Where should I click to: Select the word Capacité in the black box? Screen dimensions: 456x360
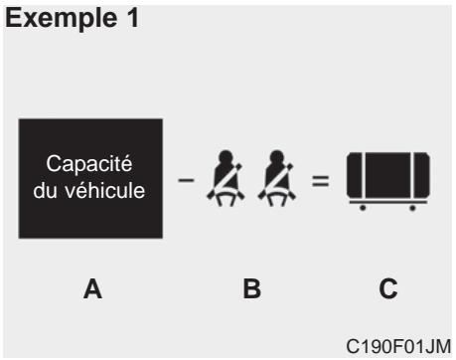point(90,164)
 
